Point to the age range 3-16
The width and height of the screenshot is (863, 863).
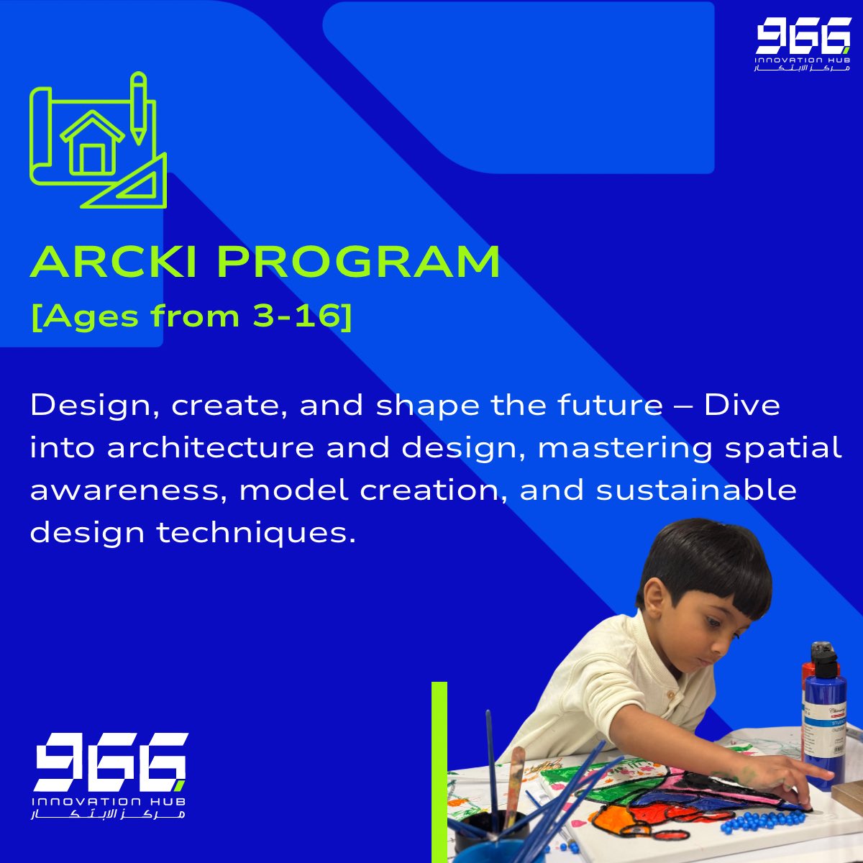(x=294, y=317)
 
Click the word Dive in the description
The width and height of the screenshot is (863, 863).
(x=741, y=406)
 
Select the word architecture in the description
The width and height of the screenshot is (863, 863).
(x=211, y=448)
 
